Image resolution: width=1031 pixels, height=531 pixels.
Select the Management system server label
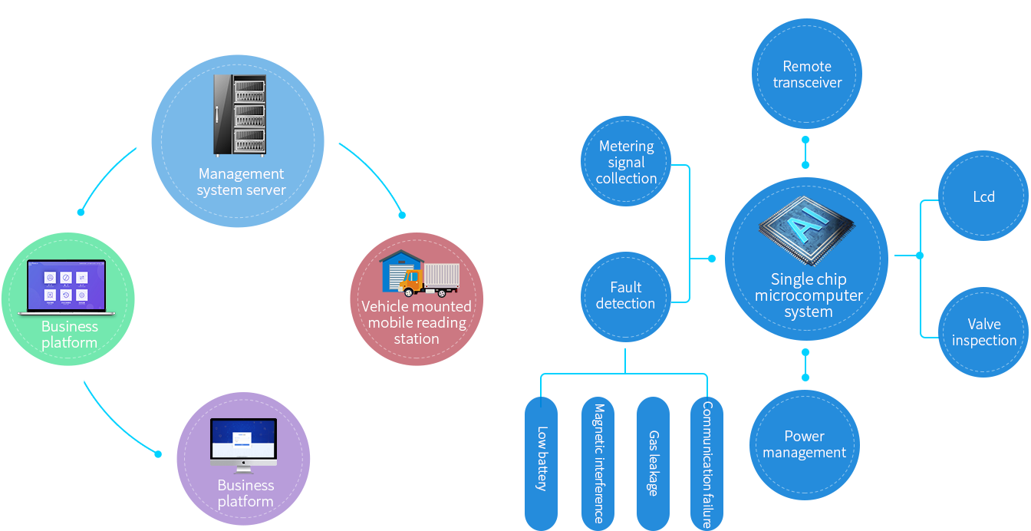pyautogui.click(x=241, y=182)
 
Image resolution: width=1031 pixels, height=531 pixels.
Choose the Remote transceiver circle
pyautogui.click(x=807, y=74)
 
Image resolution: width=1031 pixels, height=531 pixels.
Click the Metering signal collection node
pyautogui.click(x=626, y=162)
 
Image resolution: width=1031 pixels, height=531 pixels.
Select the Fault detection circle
pyautogui.click(x=626, y=295)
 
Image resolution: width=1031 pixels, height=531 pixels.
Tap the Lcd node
pyautogui.click(x=983, y=196)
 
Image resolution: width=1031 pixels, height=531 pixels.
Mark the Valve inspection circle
pyautogui.click(x=983, y=332)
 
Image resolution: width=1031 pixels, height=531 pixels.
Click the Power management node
pyautogui.click(x=804, y=444)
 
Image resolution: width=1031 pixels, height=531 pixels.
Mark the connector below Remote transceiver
pyautogui.click(x=805, y=152)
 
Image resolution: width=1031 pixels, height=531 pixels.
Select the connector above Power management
pyautogui.click(x=805, y=364)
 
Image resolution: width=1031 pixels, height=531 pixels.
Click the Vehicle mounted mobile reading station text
pyautogui.click(x=417, y=322)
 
